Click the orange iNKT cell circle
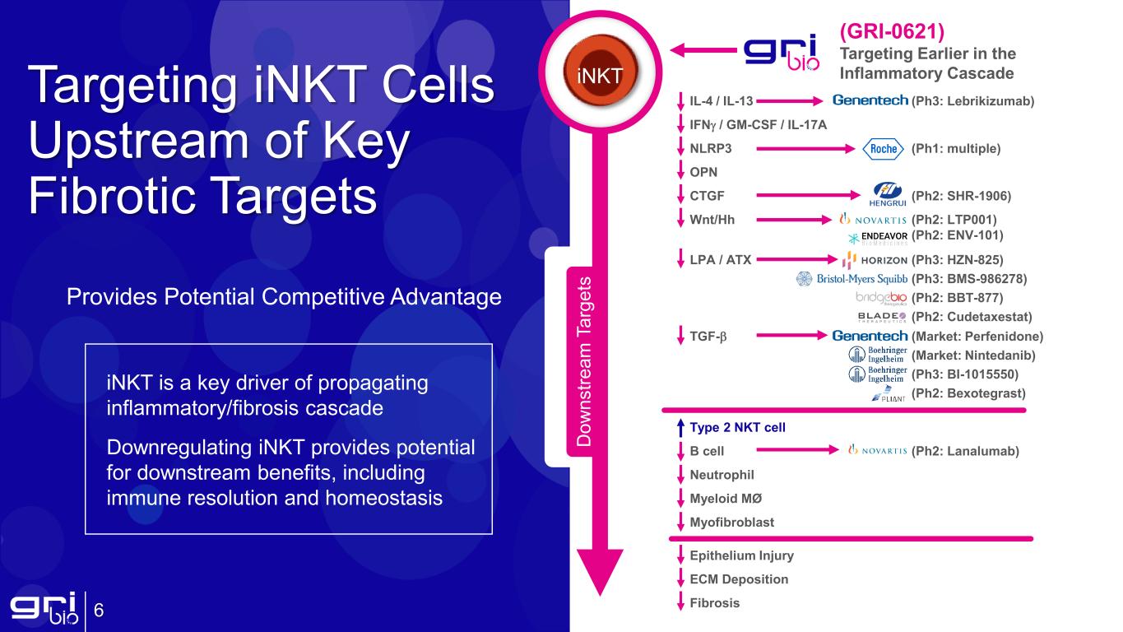click(601, 71)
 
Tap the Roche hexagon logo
click(883, 149)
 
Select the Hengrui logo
click(888, 194)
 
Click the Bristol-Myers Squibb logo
click(852, 279)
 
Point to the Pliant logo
click(889, 394)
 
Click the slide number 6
click(99, 611)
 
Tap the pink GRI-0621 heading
click(892, 31)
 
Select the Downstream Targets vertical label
click(584, 361)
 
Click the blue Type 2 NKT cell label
click(737, 427)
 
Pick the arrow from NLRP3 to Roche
click(805, 148)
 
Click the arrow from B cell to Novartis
click(798, 450)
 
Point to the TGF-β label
click(708, 336)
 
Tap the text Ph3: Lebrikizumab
click(972, 101)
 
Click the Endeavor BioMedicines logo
click(878, 238)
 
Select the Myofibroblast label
click(732, 523)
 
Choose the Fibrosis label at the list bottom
click(714, 603)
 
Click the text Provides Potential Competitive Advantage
click(285, 297)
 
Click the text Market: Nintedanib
click(973, 355)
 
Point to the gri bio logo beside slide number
click(44, 608)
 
